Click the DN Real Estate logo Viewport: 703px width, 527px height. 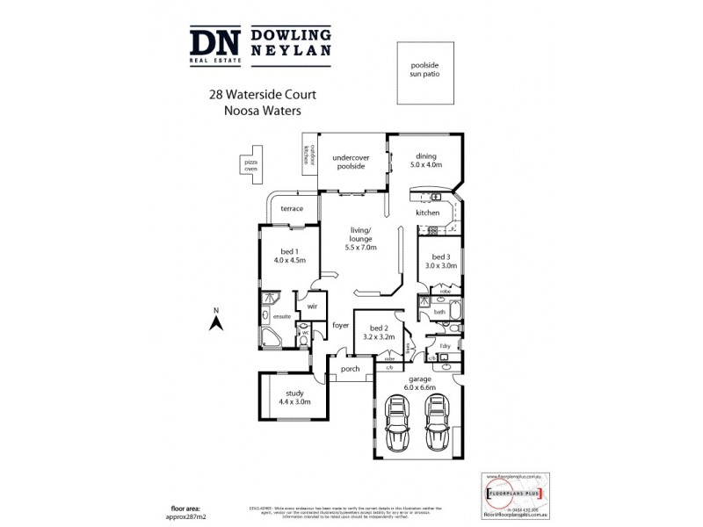coord(212,45)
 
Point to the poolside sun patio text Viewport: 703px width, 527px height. coord(424,70)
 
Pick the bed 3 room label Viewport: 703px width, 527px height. coord(440,261)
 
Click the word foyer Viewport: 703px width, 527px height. coord(340,326)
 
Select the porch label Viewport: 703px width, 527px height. coord(351,369)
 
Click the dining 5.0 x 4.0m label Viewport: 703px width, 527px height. coord(425,161)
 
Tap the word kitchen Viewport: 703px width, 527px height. coord(427,213)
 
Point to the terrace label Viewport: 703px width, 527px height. coord(291,208)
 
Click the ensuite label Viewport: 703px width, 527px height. coord(283,316)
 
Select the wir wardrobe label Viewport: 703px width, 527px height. coord(311,307)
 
